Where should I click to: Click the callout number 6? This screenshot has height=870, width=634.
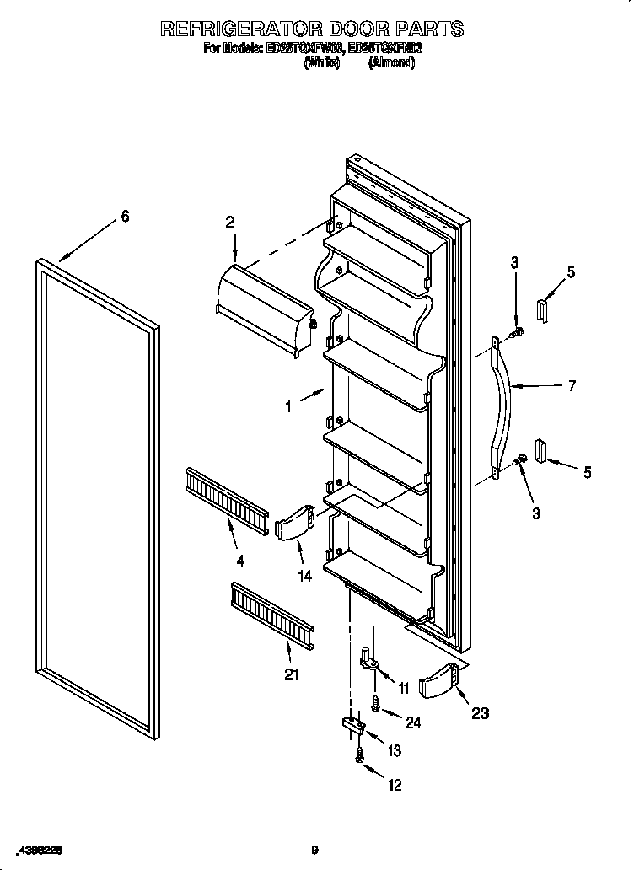[125, 217]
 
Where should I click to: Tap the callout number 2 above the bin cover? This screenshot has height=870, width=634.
[229, 223]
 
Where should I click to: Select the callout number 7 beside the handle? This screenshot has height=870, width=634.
[572, 386]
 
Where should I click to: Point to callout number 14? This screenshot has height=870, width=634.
[304, 577]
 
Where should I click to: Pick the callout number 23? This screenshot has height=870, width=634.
[480, 713]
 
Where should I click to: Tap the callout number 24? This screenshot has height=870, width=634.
[413, 722]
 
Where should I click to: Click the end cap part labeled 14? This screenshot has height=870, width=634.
[294, 524]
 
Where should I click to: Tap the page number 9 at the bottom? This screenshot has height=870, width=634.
[314, 849]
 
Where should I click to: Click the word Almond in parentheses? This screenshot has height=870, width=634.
[390, 63]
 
